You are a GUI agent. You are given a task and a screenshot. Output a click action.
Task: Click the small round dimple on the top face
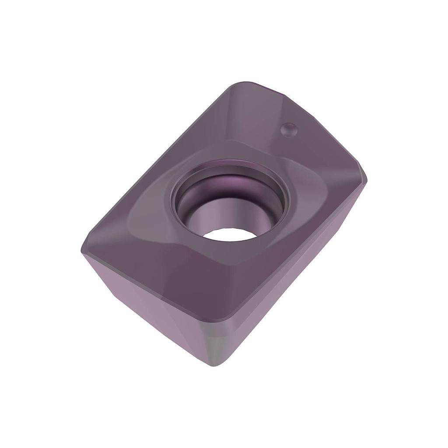point(289,130)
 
